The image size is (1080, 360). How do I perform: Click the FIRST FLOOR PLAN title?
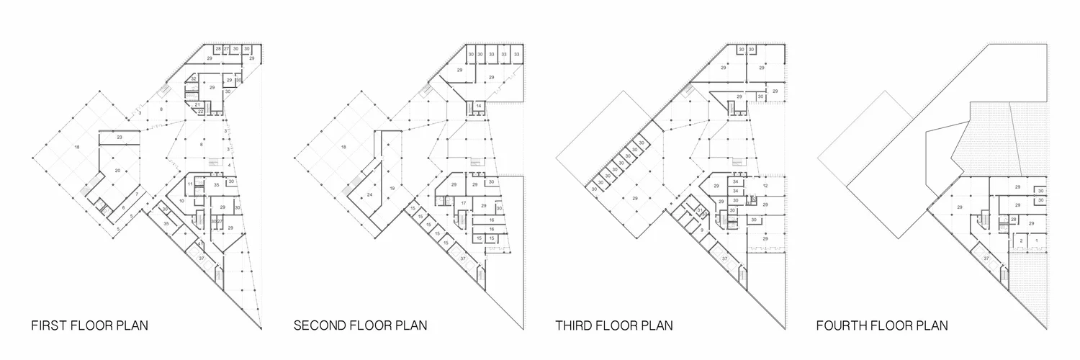(90, 325)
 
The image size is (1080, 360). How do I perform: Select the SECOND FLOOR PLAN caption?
(360, 325)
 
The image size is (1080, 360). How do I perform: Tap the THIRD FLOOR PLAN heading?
(614, 325)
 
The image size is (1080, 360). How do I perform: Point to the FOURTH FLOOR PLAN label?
(882, 325)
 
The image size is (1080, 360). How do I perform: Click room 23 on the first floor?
(120, 137)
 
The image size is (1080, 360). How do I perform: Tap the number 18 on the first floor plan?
(76, 147)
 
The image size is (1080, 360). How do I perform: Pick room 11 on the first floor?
(190, 185)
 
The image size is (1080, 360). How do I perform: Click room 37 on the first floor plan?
(202, 258)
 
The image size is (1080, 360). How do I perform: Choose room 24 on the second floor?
(369, 195)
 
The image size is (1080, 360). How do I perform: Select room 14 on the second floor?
(479, 106)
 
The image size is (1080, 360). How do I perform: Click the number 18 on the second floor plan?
(343, 147)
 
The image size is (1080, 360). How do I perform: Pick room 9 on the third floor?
(701, 230)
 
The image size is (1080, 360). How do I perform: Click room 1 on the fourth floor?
(1037, 240)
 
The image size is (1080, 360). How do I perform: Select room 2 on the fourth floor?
(1021, 240)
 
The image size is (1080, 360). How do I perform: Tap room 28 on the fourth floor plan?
(1014, 219)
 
